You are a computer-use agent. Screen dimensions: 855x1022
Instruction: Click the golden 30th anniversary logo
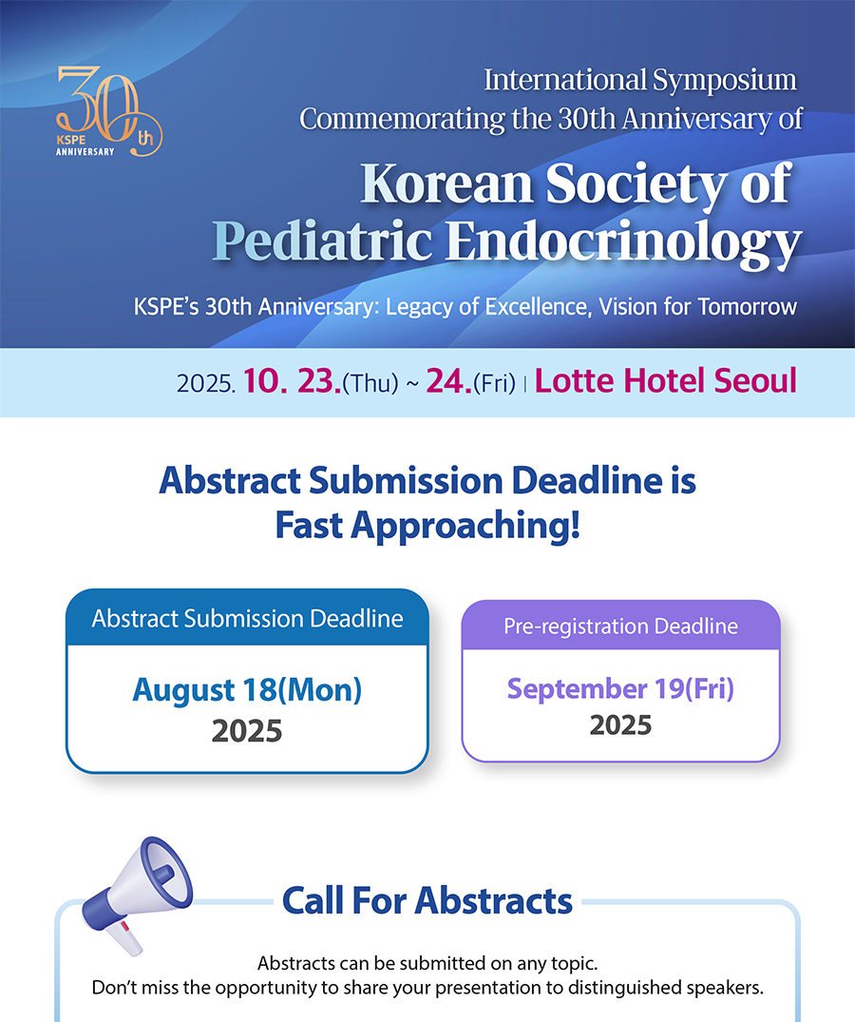coord(108,111)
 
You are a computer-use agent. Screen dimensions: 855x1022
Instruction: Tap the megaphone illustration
coord(137,896)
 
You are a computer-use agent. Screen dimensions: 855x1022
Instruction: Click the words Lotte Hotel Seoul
coord(666,380)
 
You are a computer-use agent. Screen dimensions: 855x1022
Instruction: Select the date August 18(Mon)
coord(247,689)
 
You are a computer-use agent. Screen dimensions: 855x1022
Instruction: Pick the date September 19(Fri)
coord(620,688)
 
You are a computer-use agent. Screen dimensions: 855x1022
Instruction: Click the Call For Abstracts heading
coord(427,900)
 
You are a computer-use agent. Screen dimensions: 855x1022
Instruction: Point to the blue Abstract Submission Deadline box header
coord(247,618)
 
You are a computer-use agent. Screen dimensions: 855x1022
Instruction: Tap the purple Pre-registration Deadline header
coord(620,626)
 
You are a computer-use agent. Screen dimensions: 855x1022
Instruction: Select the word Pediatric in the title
coord(322,240)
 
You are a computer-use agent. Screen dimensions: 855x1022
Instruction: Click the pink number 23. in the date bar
coord(319,381)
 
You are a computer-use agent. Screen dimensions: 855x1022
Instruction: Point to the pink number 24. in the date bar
coord(448,381)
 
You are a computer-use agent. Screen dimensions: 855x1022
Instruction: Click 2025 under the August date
coord(247,731)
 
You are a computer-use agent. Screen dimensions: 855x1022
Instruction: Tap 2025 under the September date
coord(620,724)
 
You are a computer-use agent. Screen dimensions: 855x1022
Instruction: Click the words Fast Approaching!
coord(427,525)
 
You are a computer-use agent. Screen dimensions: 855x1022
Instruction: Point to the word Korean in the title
coord(446,183)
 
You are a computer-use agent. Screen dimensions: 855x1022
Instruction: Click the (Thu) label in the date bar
coord(370,383)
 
